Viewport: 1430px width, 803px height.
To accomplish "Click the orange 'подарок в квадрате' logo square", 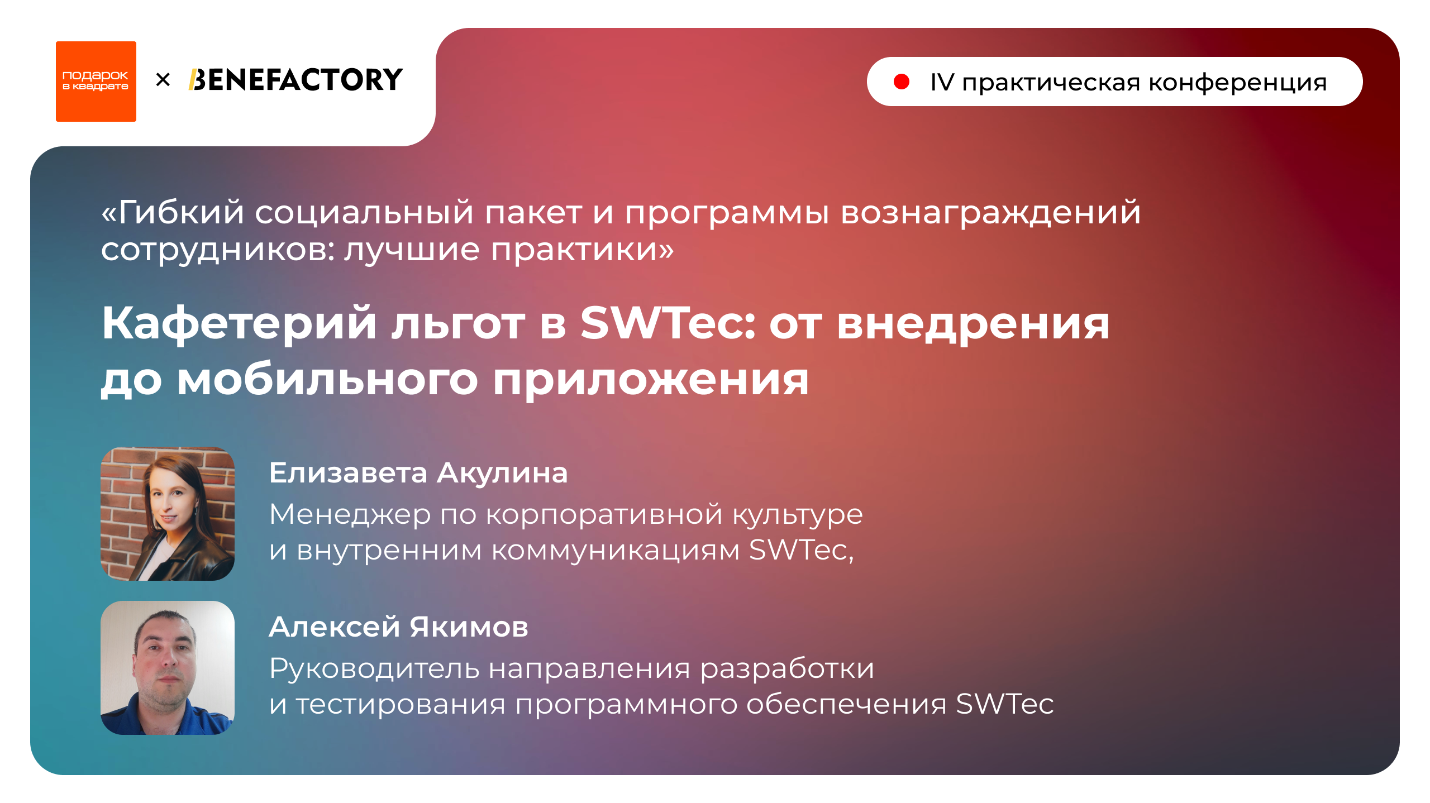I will click(x=96, y=82).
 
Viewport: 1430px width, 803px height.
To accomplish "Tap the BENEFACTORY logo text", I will click(x=295, y=80).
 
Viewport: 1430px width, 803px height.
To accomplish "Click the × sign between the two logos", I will click(x=163, y=80).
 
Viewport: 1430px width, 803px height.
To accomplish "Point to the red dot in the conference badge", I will click(x=901, y=82).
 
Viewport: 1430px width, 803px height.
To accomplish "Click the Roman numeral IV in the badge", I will click(x=942, y=83).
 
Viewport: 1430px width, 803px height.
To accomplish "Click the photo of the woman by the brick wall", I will click(x=167, y=513).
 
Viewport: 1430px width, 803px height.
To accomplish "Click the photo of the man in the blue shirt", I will click(x=167, y=667).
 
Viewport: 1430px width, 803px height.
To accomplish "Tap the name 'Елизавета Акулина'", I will click(x=418, y=473).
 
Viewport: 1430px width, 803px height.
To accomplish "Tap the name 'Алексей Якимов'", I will click(x=398, y=627).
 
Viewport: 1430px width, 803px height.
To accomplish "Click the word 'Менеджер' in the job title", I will click(x=350, y=515).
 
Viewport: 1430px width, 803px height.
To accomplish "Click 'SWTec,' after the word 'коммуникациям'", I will click(x=801, y=550).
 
